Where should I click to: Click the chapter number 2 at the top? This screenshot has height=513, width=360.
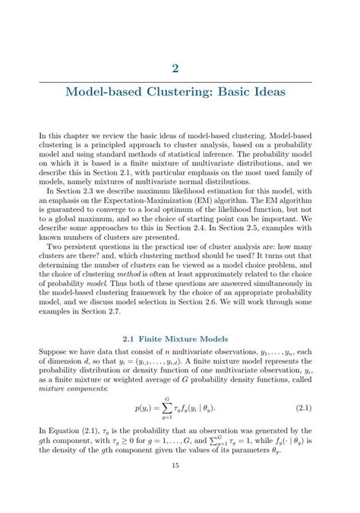[175, 68]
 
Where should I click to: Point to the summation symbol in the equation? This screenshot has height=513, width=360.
[167, 408]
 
